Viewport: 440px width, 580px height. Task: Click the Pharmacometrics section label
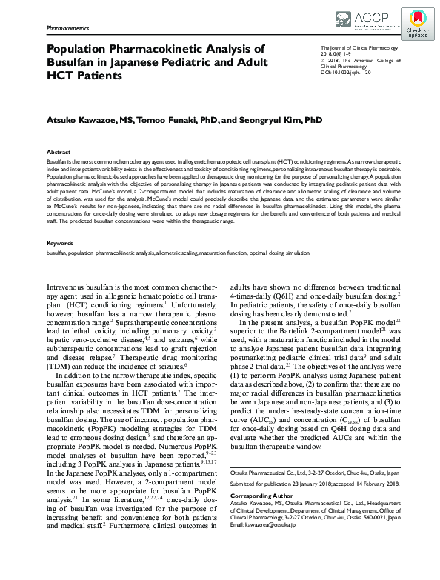pyautogui.click(x=67, y=27)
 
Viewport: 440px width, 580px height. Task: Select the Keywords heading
pyautogui.click(x=59, y=221)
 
